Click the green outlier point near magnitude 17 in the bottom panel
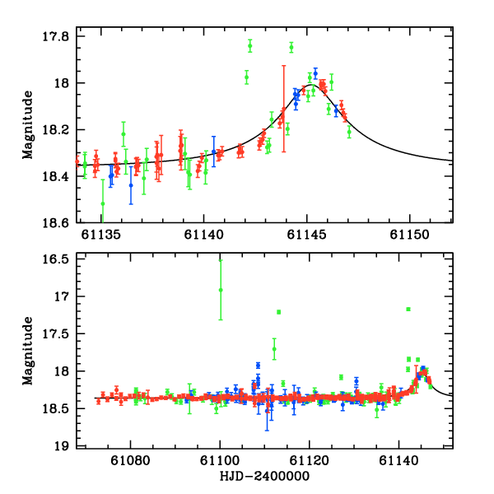[221, 290]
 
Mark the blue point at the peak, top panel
[315, 73]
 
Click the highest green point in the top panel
[291, 47]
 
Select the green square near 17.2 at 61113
[279, 312]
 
